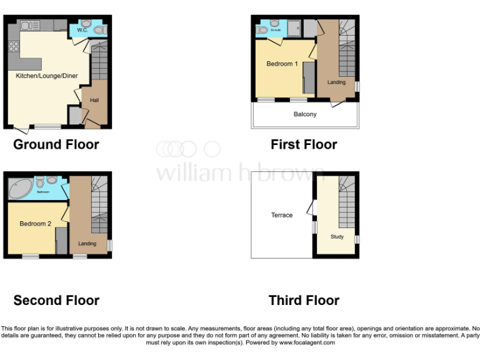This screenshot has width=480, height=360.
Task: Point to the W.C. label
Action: point(82,29)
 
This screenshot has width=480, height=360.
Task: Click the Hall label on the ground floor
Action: point(94,100)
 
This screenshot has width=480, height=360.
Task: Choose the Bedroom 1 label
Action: point(282,64)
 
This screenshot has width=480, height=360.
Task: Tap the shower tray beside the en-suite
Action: point(293,27)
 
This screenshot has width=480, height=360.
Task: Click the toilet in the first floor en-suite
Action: point(264,29)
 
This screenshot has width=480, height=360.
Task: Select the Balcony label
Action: point(305,114)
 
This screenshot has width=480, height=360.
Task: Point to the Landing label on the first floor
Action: point(336,82)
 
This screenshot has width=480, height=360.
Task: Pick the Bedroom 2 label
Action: point(35,223)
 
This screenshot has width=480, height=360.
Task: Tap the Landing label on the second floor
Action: point(87,243)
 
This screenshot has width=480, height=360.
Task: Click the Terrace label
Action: point(282,215)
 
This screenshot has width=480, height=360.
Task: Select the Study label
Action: point(337,237)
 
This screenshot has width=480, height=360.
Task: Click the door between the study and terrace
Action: point(311,207)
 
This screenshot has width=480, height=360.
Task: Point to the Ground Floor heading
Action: point(56,144)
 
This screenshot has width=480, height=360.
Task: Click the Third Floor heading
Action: point(304,301)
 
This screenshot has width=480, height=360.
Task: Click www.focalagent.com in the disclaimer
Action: point(306,342)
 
